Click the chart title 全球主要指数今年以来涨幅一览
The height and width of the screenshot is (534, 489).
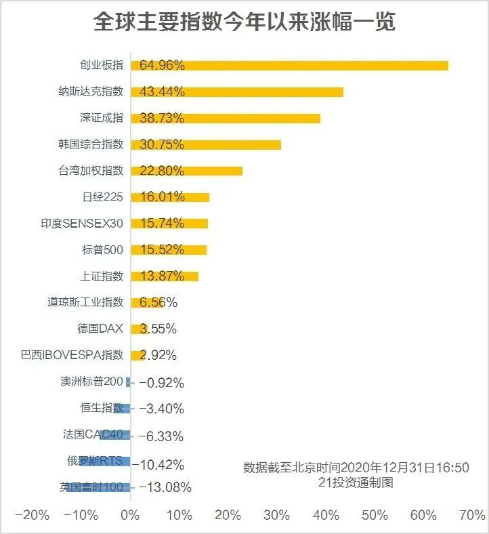[244, 22]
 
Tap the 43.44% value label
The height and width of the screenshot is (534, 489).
[162, 91]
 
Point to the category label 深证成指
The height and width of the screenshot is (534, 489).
[102, 118]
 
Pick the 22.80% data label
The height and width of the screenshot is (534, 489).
[162, 171]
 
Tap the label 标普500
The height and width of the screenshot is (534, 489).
[102, 250]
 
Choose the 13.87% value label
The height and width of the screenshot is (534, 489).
[162, 276]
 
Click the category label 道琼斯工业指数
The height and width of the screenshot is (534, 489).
[85, 302]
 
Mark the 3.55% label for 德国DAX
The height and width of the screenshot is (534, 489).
[158, 329]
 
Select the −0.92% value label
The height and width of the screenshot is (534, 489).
[161, 383]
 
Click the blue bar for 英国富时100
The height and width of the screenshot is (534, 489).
[99, 487]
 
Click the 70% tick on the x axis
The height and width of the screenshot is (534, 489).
[472, 515]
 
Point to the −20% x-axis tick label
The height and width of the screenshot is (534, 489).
[32, 515]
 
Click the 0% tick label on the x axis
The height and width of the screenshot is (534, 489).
[130, 515]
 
